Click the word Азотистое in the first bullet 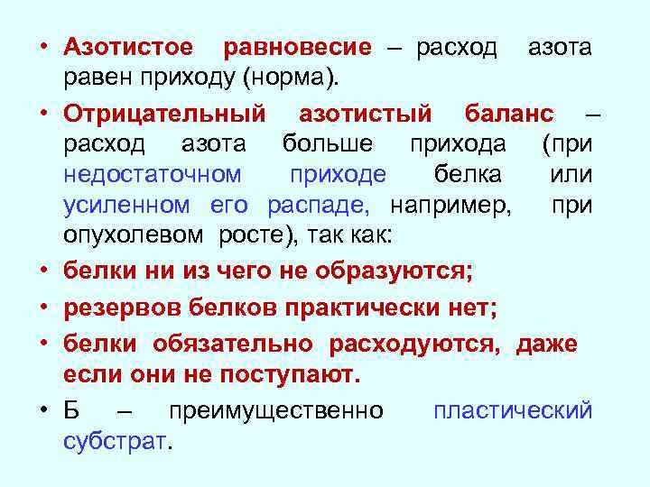[x=127, y=48]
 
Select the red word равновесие [x=297, y=48]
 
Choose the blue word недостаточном [x=153, y=174]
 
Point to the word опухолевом [x=134, y=236]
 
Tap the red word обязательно [x=233, y=344]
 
